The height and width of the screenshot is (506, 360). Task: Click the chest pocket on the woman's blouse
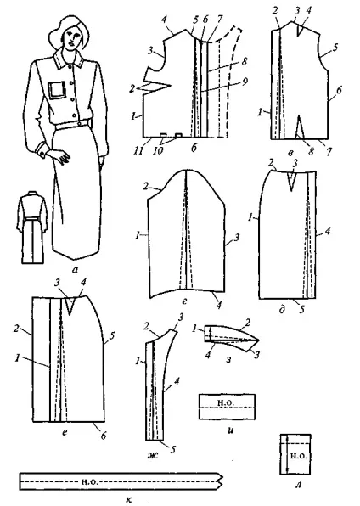[56, 90]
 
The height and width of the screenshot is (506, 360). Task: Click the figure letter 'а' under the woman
[76, 270]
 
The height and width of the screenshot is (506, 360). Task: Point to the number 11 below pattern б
[138, 150]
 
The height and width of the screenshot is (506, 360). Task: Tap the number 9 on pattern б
[245, 82]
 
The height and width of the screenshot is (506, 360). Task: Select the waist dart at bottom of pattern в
[301, 127]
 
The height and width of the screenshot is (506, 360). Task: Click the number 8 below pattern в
[310, 151]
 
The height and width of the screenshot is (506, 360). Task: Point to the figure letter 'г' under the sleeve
[183, 301]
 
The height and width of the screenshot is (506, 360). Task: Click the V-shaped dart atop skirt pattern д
[292, 181]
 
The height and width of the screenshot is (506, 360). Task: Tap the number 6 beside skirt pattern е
[103, 436]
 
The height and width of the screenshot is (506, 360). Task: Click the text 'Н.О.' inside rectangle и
[226, 402]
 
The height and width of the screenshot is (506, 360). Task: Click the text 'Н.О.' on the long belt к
[87, 481]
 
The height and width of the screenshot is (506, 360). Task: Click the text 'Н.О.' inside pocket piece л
[299, 456]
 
